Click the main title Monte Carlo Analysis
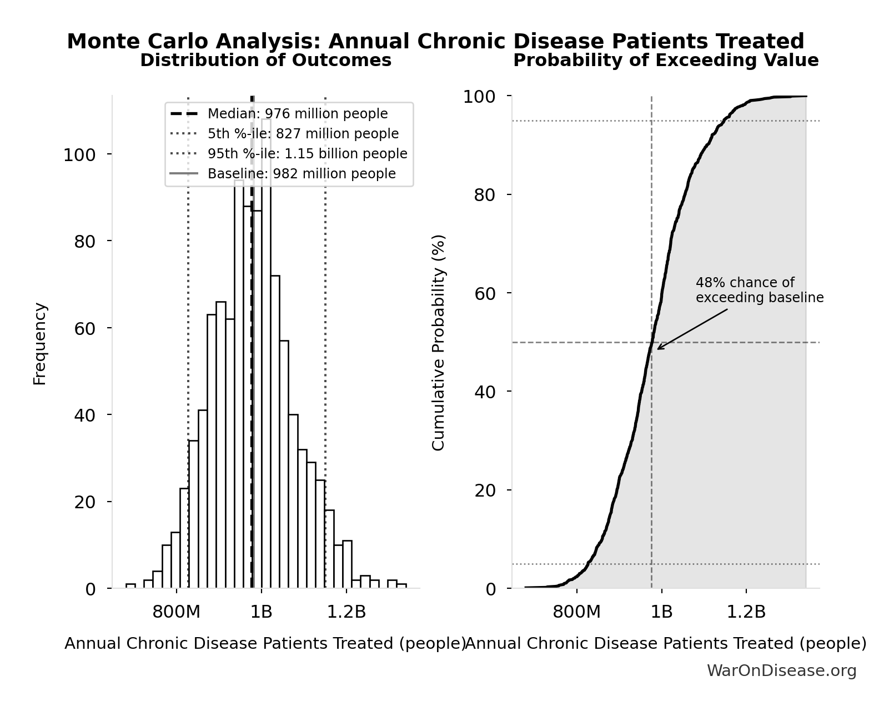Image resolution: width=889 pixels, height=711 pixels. tap(435, 42)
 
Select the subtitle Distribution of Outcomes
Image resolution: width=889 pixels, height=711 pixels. tap(265, 61)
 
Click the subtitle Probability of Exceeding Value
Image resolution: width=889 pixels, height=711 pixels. tap(665, 61)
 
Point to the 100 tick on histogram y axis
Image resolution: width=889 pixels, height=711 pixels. tap(79, 155)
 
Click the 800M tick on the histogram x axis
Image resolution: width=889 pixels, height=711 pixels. tap(176, 612)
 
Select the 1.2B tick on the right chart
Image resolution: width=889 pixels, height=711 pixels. tap(746, 612)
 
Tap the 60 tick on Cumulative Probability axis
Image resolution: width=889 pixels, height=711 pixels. tap(485, 293)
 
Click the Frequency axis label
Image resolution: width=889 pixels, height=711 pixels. tap(40, 343)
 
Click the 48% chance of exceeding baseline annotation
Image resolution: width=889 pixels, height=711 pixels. tap(759, 290)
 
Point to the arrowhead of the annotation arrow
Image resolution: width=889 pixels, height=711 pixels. tap(659, 349)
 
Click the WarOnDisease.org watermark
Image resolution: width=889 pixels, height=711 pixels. tap(781, 671)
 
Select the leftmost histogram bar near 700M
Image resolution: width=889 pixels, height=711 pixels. tap(130, 586)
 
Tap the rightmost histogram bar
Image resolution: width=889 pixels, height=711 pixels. tap(401, 586)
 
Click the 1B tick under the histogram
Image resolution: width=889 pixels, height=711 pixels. tap(261, 612)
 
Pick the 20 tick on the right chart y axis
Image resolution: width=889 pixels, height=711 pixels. tap(485, 490)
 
